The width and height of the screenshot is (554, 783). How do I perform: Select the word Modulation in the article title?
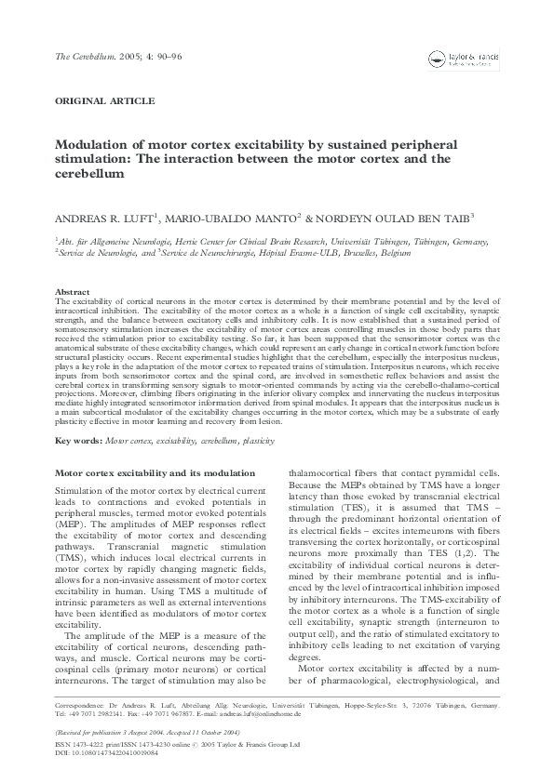91,145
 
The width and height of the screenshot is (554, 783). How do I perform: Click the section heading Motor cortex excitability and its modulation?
147,472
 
